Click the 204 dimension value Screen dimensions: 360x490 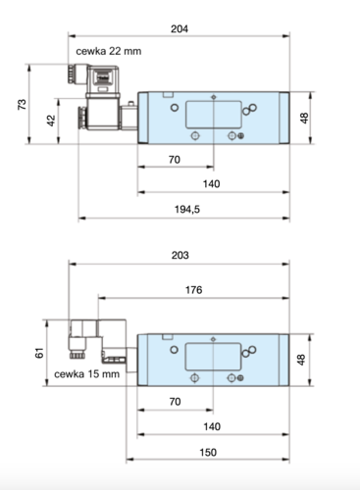coord(180,28)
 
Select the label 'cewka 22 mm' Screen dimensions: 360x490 coord(109,51)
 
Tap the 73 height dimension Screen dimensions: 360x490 coord(22,104)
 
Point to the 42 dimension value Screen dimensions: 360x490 coord(51,121)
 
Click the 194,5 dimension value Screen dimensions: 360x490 coord(187,209)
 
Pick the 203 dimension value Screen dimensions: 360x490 coord(180,255)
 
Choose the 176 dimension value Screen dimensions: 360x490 coord(193,289)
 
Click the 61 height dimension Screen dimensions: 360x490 coord(39,353)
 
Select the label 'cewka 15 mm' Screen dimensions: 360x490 coord(86,373)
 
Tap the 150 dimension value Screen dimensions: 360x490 coord(208,452)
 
